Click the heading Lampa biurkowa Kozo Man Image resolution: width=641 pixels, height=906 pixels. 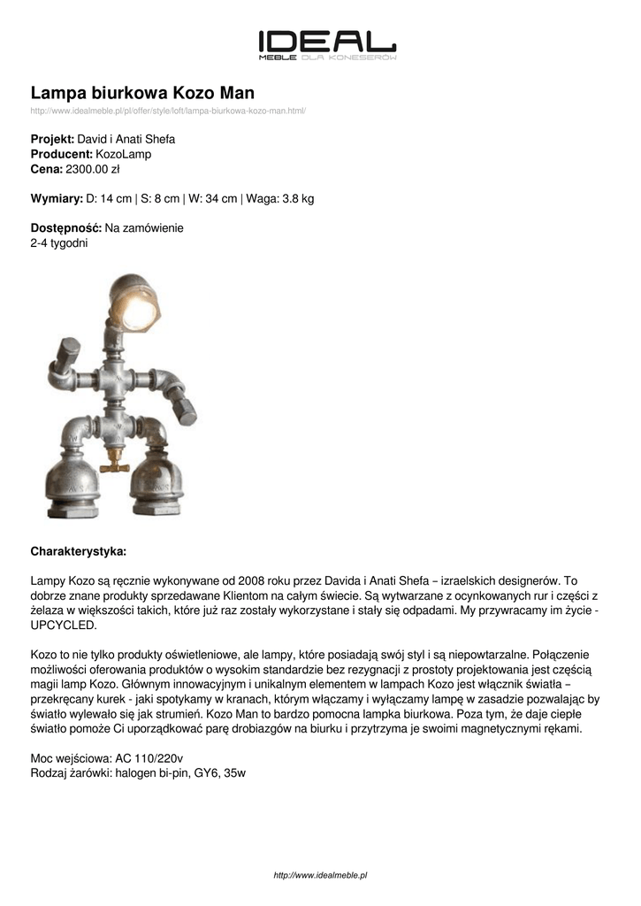(x=142, y=93)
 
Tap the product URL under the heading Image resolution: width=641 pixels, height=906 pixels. (x=168, y=111)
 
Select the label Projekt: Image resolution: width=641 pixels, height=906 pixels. (x=53, y=140)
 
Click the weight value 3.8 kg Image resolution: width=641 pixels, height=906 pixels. (x=298, y=199)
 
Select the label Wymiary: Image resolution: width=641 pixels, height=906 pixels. (x=57, y=199)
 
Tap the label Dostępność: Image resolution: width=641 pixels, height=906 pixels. (x=66, y=228)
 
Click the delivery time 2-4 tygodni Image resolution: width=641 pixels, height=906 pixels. (x=59, y=242)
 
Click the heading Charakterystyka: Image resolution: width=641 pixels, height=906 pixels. (x=79, y=550)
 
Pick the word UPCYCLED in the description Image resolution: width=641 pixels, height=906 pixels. (x=64, y=624)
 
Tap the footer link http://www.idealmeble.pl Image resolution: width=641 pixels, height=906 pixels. (x=320, y=875)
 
